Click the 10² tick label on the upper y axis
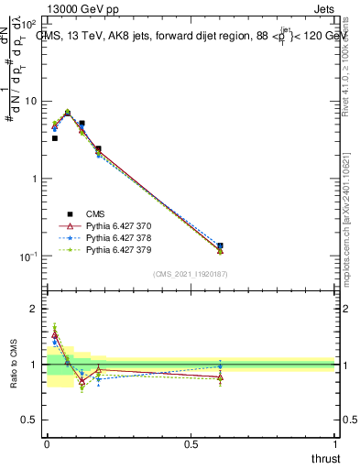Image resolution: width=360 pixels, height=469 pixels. [x=28, y=24]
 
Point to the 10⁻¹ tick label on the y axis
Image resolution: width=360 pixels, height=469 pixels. [x=27, y=256]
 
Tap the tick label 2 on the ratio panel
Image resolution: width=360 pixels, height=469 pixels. [x=33, y=309]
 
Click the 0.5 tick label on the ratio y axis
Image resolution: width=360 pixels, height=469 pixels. [x=29, y=421]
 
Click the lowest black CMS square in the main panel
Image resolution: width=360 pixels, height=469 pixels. [x=220, y=245]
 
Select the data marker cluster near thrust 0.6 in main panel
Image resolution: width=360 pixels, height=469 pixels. [x=220, y=248]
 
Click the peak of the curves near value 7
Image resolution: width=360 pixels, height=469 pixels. [x=67, y=113]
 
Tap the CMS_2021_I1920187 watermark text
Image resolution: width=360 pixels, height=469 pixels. [x=190, y=274]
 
